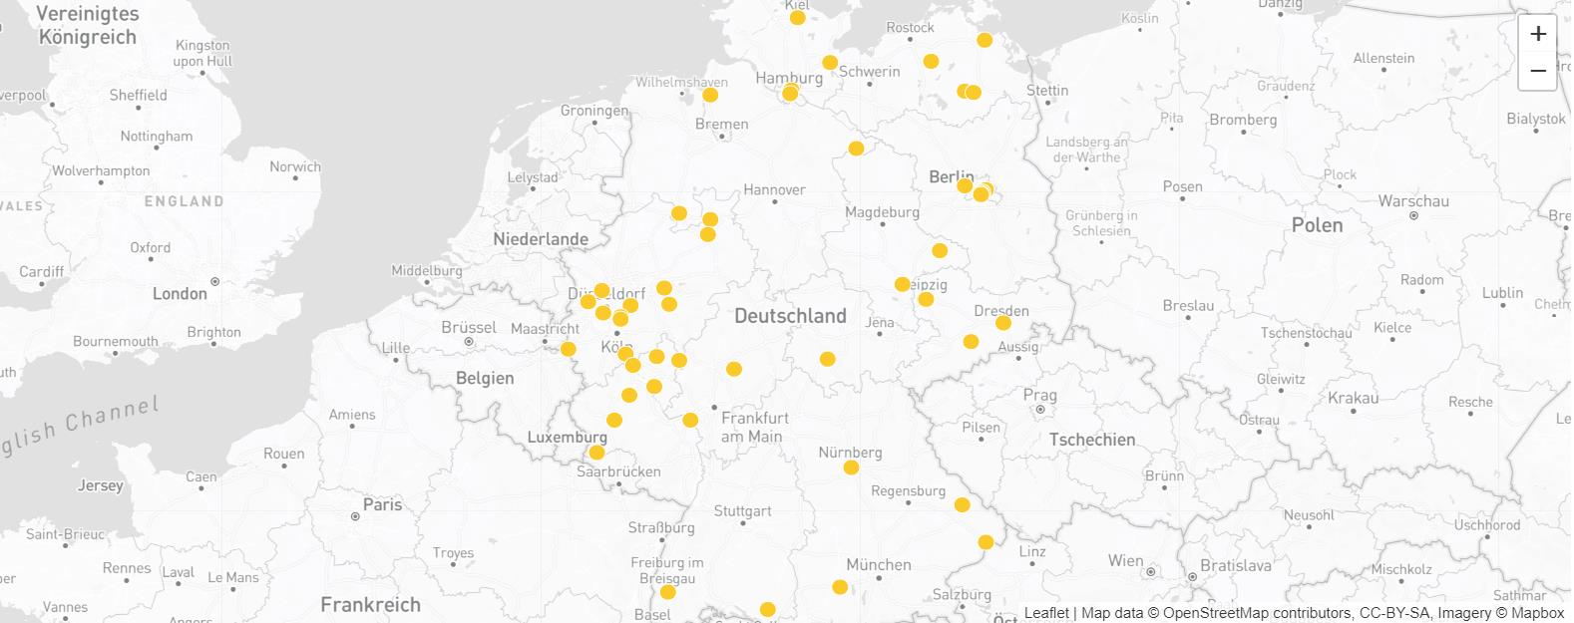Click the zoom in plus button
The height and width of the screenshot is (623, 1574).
(1538, 34)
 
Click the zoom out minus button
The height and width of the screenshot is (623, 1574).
(1538, 71)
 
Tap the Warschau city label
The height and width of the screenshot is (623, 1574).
(1412, 201)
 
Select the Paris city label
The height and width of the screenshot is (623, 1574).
(382, 505)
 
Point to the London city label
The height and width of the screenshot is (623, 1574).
(180, 294)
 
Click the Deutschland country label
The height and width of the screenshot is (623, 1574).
(790, 316)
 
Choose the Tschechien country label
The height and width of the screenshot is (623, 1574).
(1091, 440)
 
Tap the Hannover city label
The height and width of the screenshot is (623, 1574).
(774, 189)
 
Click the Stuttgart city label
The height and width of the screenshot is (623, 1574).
(742, 511)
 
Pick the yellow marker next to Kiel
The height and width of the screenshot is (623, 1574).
(797, 18)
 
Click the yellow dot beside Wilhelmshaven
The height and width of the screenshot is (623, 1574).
(710, 96)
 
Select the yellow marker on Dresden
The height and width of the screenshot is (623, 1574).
(1003, 323)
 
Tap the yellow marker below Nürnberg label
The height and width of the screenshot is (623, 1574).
(851, 467)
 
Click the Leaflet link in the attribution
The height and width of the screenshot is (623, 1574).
(1046, 613)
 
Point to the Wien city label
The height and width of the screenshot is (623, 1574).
(1125, 561)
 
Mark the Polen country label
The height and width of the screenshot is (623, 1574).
(1317, 225)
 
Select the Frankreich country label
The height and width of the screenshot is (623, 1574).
(370, 605)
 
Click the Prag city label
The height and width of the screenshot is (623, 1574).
(1039, 395)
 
